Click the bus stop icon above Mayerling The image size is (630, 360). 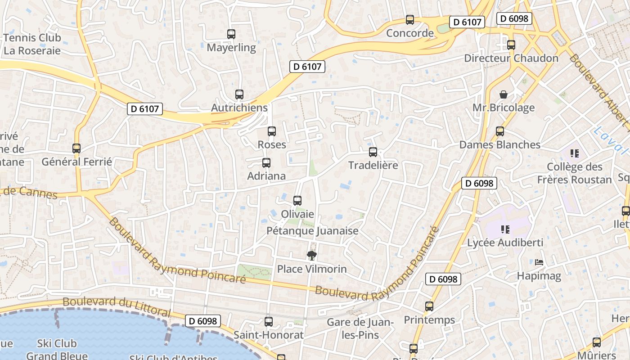231,34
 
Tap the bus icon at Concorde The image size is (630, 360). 410,20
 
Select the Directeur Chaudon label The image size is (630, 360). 511,58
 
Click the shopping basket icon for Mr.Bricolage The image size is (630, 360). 504,94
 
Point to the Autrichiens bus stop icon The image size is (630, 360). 239,94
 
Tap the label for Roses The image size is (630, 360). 272,144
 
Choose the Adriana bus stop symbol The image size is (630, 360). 266,163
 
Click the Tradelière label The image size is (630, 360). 373,165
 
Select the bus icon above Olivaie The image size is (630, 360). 297,201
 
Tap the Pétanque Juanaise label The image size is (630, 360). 313,231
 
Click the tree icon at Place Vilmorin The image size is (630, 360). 311,256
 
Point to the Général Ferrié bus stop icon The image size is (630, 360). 76,148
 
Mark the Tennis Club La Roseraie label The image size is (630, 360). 32,44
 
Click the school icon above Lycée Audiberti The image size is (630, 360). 505,229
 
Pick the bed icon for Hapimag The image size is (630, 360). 539,262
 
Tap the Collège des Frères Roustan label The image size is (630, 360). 575,173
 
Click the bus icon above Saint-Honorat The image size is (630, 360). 269,322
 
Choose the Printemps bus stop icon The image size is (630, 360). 429,306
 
